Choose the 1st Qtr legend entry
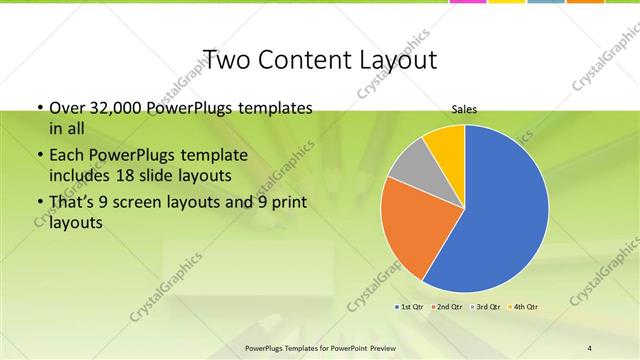pyautogui.click(x=410, y=306)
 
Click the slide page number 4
pyautogui.click(x=590, y=348)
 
